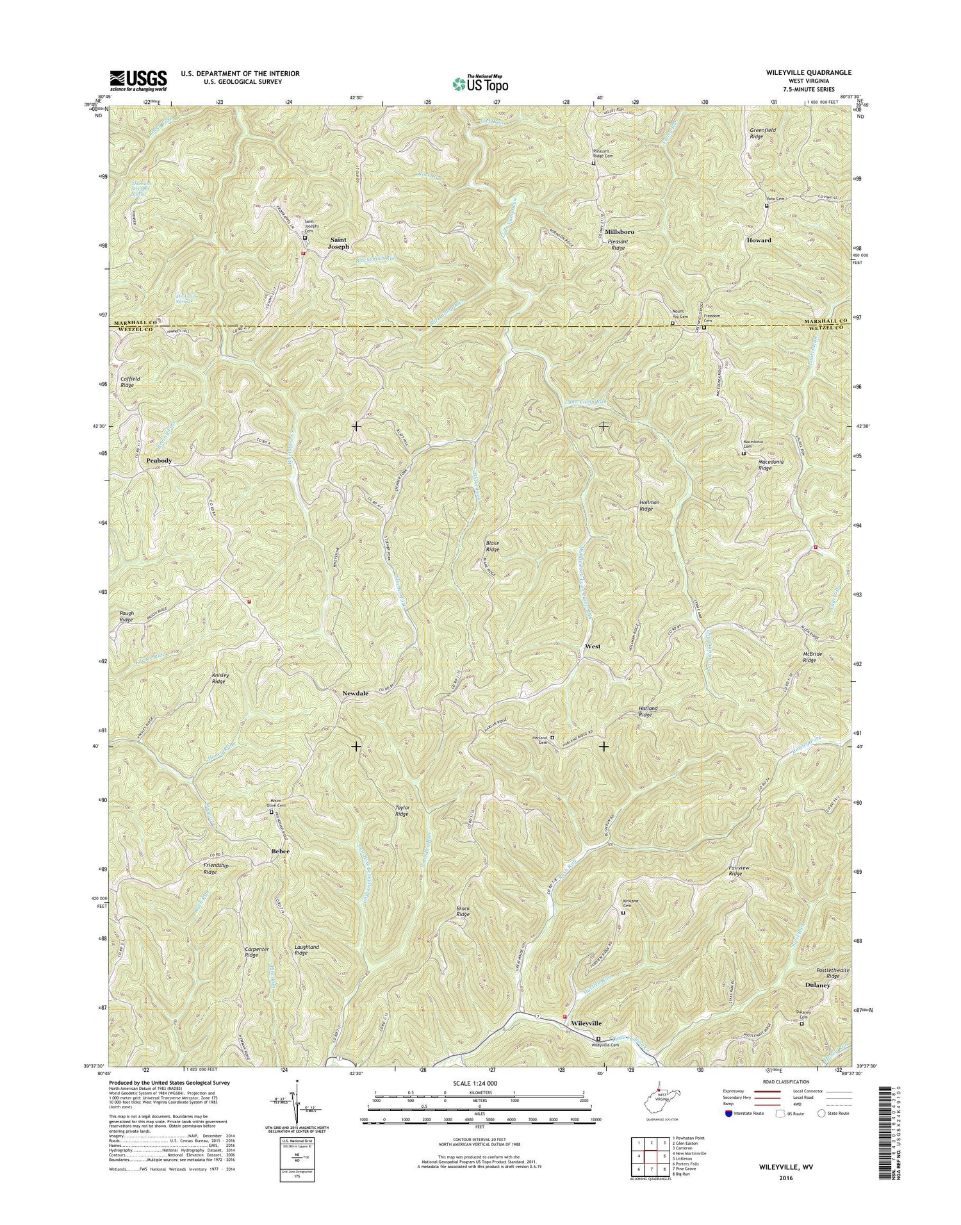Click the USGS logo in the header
coord(138,79)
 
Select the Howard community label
coord(759,240)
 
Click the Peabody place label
coord(159,461)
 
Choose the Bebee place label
coord(280,851)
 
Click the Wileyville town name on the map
coord(586,1024)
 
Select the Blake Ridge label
coord(492,546)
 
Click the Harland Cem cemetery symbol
coord(553,737)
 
